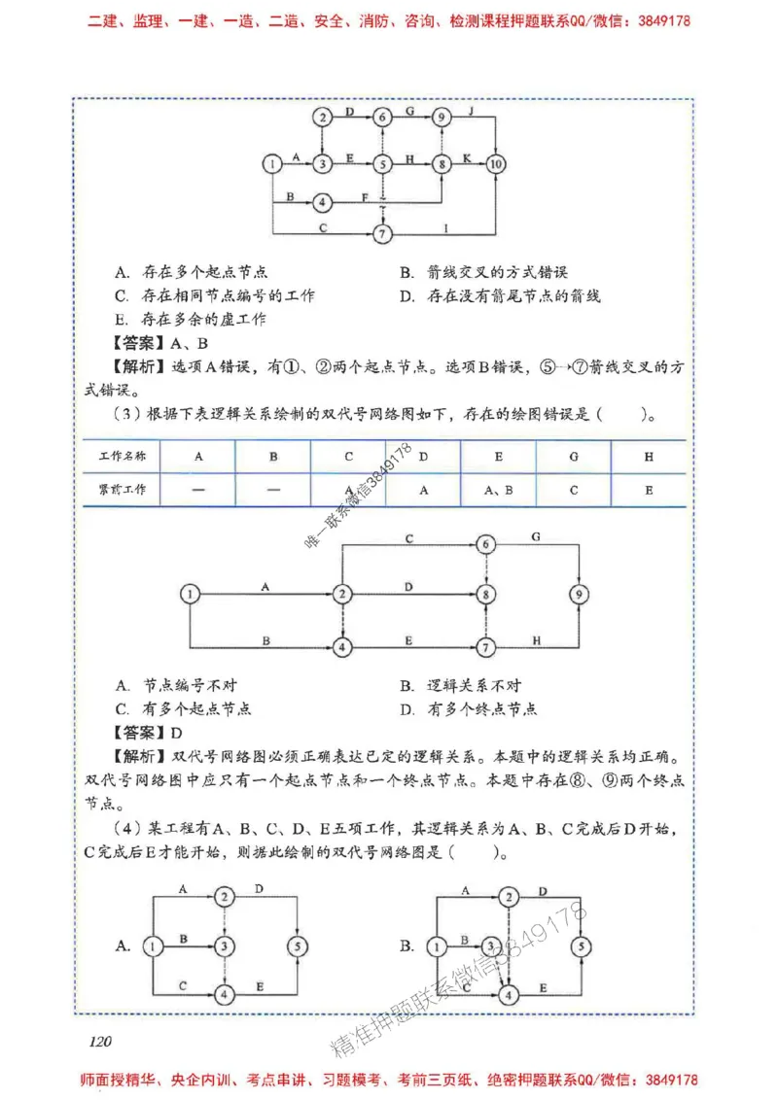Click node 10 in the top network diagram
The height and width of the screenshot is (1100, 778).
click(x=497, y=164)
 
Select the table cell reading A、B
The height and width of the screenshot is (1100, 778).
click(x=498, y=491)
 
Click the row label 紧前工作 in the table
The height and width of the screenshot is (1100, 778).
click(x=121, y=491)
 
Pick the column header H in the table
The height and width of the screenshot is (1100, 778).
click(x=649, y=455)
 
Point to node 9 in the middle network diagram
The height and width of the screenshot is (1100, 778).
click(x=580, y=593)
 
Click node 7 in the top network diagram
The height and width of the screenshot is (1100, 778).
click(x=383, y=234)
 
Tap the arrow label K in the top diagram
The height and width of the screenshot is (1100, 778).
click(x=468, y=156)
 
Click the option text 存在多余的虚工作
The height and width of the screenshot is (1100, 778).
click(x=203, y=319)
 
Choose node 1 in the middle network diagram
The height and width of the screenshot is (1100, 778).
click(x=191, y=593)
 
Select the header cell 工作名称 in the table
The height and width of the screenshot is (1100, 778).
click(x=121, y=455)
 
